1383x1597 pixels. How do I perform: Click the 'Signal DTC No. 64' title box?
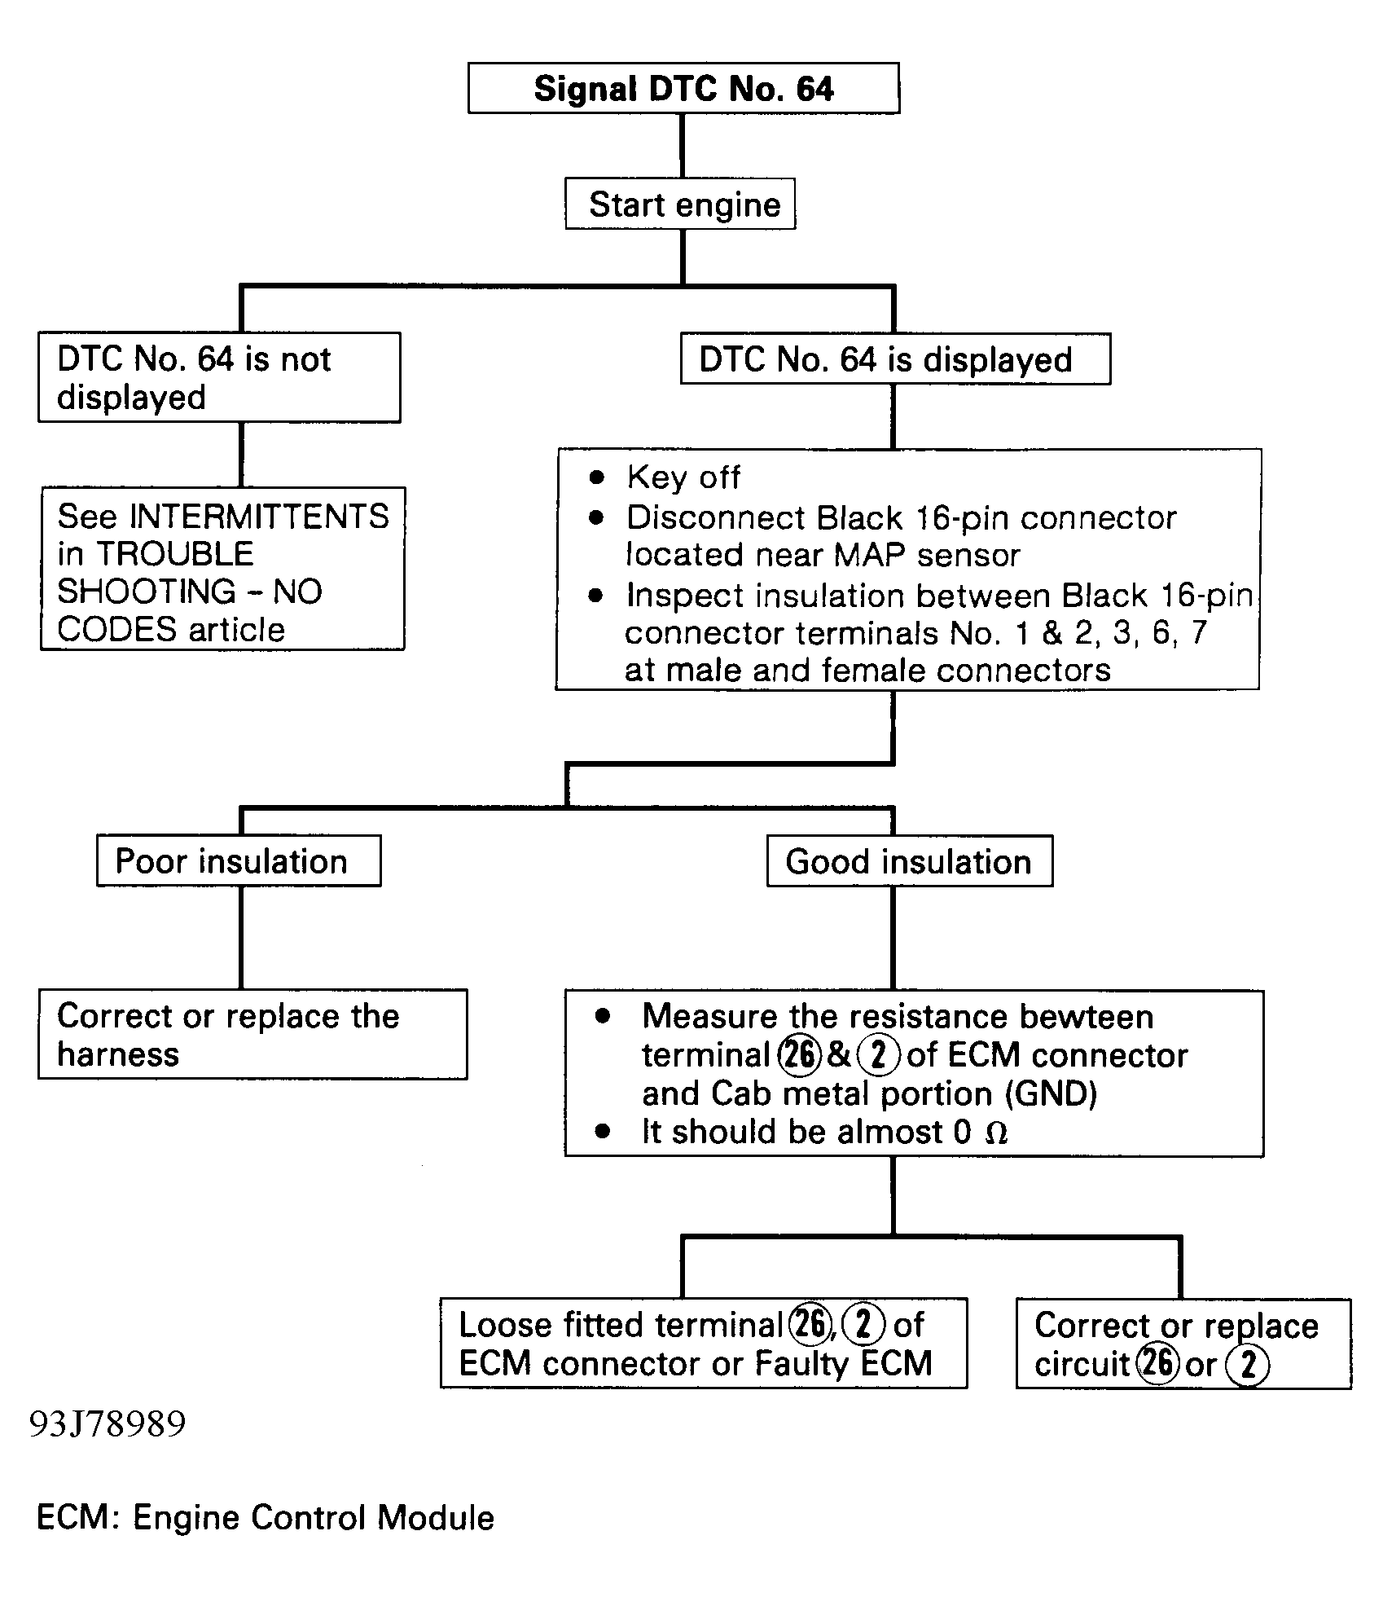[x=683, y=88]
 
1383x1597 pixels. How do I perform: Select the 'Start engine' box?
[x=680, y=204]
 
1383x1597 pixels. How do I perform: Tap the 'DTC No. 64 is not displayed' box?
[x=219, y=377]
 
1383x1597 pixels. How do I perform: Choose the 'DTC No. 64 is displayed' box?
[x=895, y=359]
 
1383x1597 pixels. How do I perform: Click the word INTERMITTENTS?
[x=260, y=517]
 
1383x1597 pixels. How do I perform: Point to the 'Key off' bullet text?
[x=683, y=477]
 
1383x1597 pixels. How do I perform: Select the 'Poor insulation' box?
[x=239, y=860]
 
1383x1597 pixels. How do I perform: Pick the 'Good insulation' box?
[x=910, y=861]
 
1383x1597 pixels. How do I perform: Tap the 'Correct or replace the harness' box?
[x=252, y=1035]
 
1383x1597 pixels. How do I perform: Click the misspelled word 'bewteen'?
[x=1086, y=1017]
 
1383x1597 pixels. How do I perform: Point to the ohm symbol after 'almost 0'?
[x=996, y=1133]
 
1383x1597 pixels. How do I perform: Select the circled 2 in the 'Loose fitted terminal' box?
[x=863, y=1325]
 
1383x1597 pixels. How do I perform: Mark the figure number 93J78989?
[x=108, y=1424]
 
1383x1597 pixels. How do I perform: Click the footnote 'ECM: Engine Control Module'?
[x=266, y=1518]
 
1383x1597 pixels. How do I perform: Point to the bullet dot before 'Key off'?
[x=597, y=477]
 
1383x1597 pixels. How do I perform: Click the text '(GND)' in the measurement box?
[x=1052, y=1093]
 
